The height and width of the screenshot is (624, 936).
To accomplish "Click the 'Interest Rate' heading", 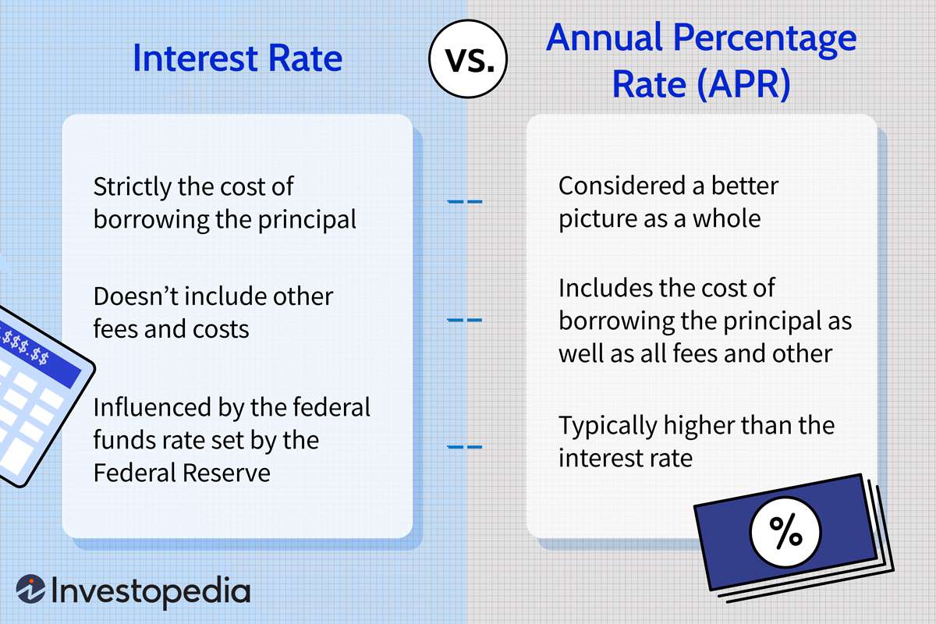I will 237,59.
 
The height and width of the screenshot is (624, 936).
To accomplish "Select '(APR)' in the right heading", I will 740,84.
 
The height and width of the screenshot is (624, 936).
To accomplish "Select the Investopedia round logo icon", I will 30,590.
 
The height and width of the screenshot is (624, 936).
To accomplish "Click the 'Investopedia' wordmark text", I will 151,590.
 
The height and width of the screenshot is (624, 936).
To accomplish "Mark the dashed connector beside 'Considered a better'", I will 464,202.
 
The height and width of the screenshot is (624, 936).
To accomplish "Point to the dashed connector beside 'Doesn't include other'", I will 464,320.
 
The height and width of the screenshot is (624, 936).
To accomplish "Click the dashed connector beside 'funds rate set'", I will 464,447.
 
